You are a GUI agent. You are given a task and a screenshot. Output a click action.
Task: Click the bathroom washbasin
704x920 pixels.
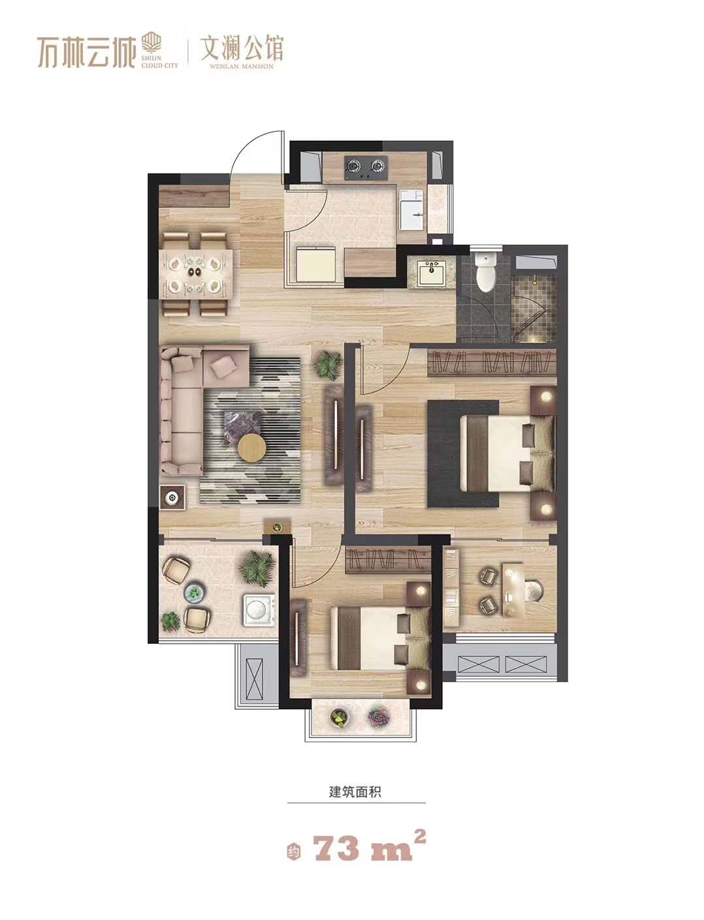(431, 273)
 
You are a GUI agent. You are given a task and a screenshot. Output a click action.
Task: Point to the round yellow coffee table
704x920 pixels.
(251, 448)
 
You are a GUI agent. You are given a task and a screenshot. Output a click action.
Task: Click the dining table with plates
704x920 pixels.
(195, 273)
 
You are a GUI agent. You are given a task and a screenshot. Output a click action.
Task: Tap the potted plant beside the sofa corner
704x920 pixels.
(328, 365)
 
